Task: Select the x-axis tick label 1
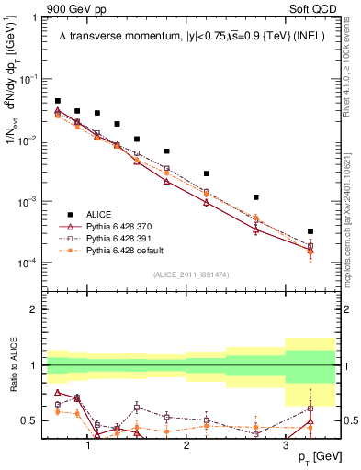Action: (87, 445)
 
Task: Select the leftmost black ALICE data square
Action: (58, 101)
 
